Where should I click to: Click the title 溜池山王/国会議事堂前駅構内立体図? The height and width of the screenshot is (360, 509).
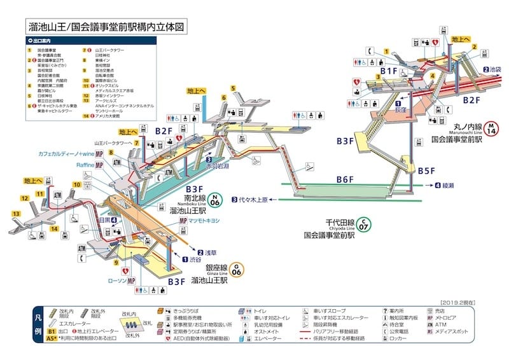pos(109,27)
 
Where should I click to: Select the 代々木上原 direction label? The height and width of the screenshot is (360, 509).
pos(255,199)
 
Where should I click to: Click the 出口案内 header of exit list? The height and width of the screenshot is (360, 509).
pos(45,40)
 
